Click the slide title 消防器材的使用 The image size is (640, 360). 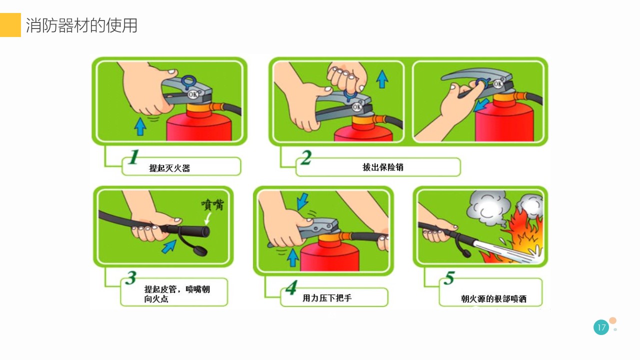coord(81,25)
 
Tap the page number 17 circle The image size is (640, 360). coord(601,327)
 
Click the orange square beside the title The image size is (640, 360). coord(10,25)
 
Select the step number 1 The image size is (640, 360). coord(133,157)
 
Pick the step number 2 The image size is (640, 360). coord(306,157)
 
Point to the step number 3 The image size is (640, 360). coord(131,277)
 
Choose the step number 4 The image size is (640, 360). coord(291,287)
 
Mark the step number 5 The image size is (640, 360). coord(449,277)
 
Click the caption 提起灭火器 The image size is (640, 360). coord(169,168)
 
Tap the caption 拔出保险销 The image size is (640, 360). coord(383,167)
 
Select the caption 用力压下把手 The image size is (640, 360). coord(327,298)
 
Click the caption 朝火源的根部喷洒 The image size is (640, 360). coord(493,299)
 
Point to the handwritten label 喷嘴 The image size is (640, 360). coord(212,205)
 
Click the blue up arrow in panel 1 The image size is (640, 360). coord(140,126)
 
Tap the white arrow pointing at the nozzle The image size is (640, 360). coord(208,218)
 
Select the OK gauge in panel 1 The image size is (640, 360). coord(193,94)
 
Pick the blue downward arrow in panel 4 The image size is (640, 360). coord(302,201)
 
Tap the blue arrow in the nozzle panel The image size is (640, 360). coord(169,247)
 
